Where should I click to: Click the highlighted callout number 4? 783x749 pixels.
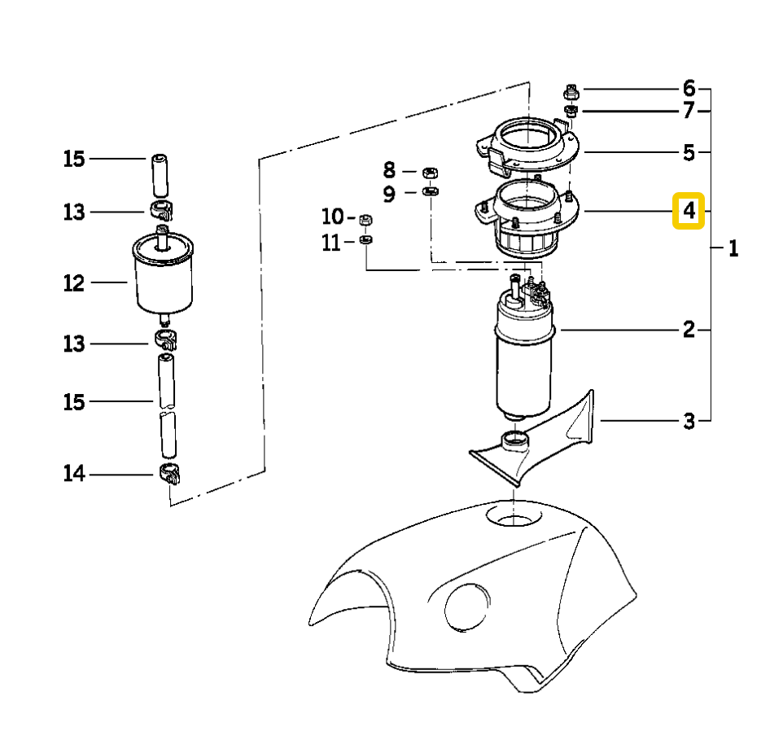(x=689, y=212)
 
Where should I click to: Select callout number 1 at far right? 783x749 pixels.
(x=733, y=249)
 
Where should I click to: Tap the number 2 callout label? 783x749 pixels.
(x=689, y=330)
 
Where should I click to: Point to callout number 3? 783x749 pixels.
(x=689, y=421)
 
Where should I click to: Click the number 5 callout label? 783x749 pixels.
(x=689, y=152)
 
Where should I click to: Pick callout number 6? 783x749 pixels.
(x=689, y=88)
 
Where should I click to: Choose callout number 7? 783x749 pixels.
(x=689, y=111)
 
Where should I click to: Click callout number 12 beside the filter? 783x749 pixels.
(x=74, y=283)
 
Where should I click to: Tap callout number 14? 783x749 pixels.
(x=74, y=474)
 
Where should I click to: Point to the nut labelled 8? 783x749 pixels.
(x=431, y=171)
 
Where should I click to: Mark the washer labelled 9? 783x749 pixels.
(x=431, y=192)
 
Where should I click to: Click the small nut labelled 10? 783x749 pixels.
(x=365, y=218)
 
